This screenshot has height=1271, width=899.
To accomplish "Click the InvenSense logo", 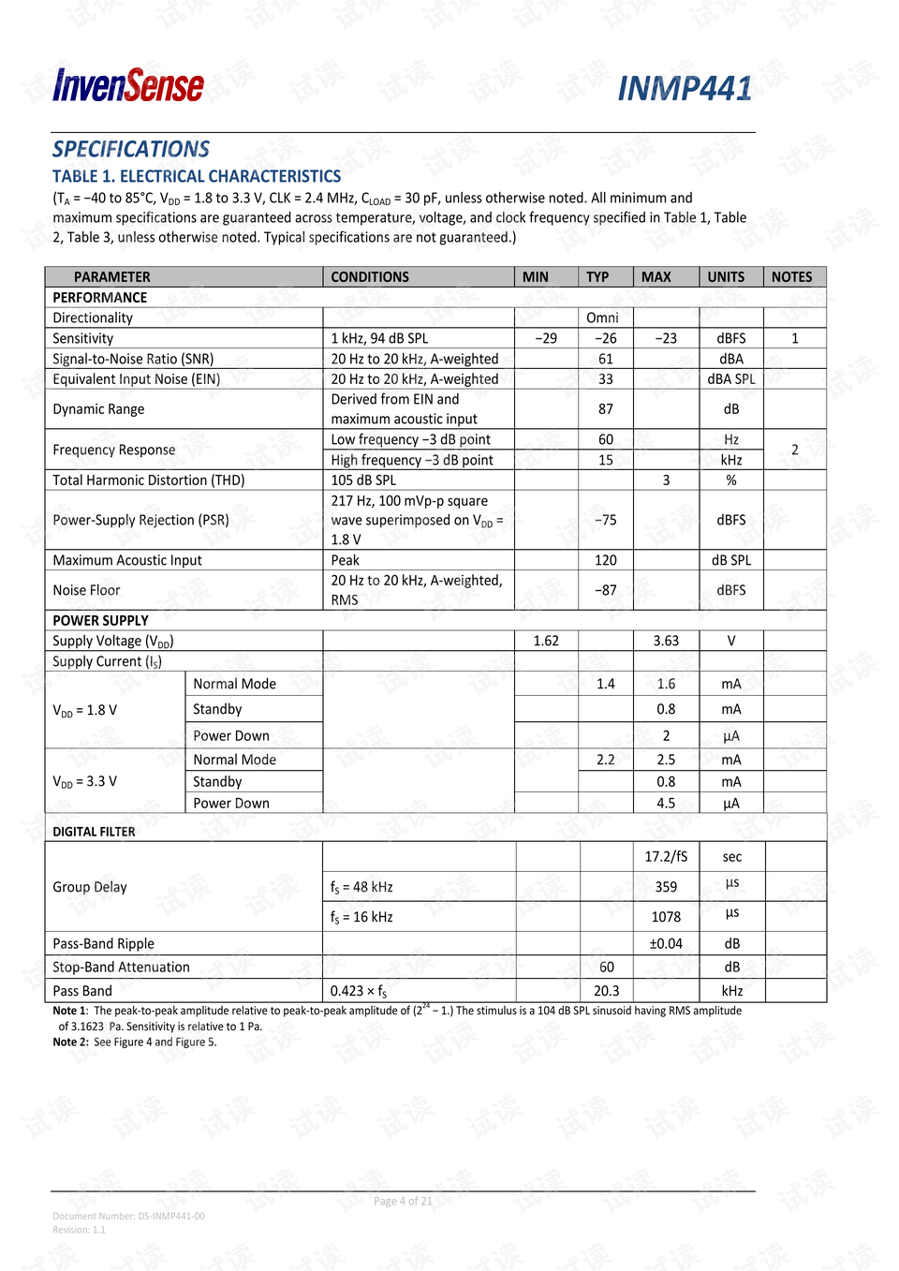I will pos(128,86).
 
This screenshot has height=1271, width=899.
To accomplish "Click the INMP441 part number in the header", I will pos(685,89).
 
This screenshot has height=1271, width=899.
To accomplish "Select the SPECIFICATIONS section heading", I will pos(131,149).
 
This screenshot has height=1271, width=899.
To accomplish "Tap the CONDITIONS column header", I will pos(370,277).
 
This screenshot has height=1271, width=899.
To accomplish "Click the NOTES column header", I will pos(791,277).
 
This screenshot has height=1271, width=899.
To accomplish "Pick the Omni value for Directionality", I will pos(602,318).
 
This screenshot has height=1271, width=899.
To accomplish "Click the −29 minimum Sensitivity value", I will pos(546,338).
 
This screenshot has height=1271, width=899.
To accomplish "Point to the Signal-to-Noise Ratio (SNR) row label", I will pos(133,359).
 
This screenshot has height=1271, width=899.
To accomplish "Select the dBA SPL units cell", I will pos(730,379).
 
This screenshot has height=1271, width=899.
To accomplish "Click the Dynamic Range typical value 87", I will pos(606,409).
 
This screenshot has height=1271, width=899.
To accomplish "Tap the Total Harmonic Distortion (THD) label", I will pos(149,480).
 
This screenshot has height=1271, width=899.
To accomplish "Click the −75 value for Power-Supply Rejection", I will pos(606,520).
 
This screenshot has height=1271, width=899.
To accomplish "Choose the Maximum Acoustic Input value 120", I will pos(606,560).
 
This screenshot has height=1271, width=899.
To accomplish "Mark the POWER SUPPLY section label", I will pos(100,620).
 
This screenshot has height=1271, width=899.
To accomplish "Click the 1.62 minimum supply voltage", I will pos(546,641).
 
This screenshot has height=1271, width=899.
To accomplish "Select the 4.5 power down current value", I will pos(666,804).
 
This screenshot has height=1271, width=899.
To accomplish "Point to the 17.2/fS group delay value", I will pos(666,857).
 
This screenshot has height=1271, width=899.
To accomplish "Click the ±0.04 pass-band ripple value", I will pos(666,944).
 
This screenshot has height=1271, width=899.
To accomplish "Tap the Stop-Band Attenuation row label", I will pos(121,968).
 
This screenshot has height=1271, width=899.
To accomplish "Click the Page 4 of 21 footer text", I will pos(403,1202).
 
